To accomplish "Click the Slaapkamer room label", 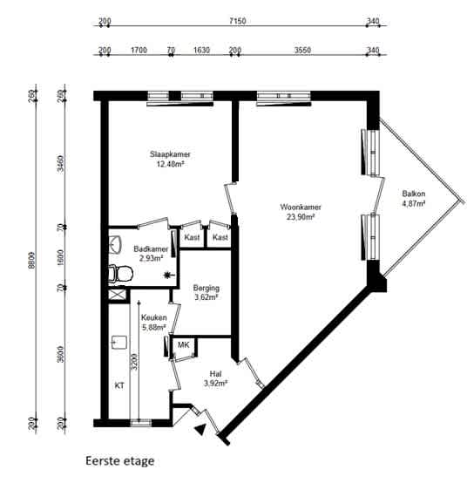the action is [170, 154].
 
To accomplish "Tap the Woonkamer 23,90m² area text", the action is [301, 216].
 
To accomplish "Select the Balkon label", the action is [413, 194].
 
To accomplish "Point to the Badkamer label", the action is [151, 249].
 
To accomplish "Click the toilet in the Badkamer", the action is [120, 274].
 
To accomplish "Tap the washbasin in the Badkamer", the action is [115, 244].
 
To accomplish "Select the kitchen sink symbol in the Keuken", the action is [119, 343].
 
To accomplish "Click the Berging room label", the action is [207, 288].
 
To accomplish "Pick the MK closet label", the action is [183, 345].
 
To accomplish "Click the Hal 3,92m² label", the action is [215, 378].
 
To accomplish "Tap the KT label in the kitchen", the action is [119, 385].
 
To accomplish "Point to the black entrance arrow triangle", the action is [200, 429].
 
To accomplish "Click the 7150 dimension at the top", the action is [238, 21].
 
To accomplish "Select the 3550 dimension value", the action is [302, 50].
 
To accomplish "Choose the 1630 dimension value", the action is [201, 50].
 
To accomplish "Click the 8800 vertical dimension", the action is [31, 260].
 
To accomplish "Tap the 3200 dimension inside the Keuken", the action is [134, 362].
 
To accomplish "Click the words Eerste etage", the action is [120, 461].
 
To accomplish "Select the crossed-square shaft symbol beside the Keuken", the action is [118, 295].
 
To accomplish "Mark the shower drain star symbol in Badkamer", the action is [168, 275].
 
